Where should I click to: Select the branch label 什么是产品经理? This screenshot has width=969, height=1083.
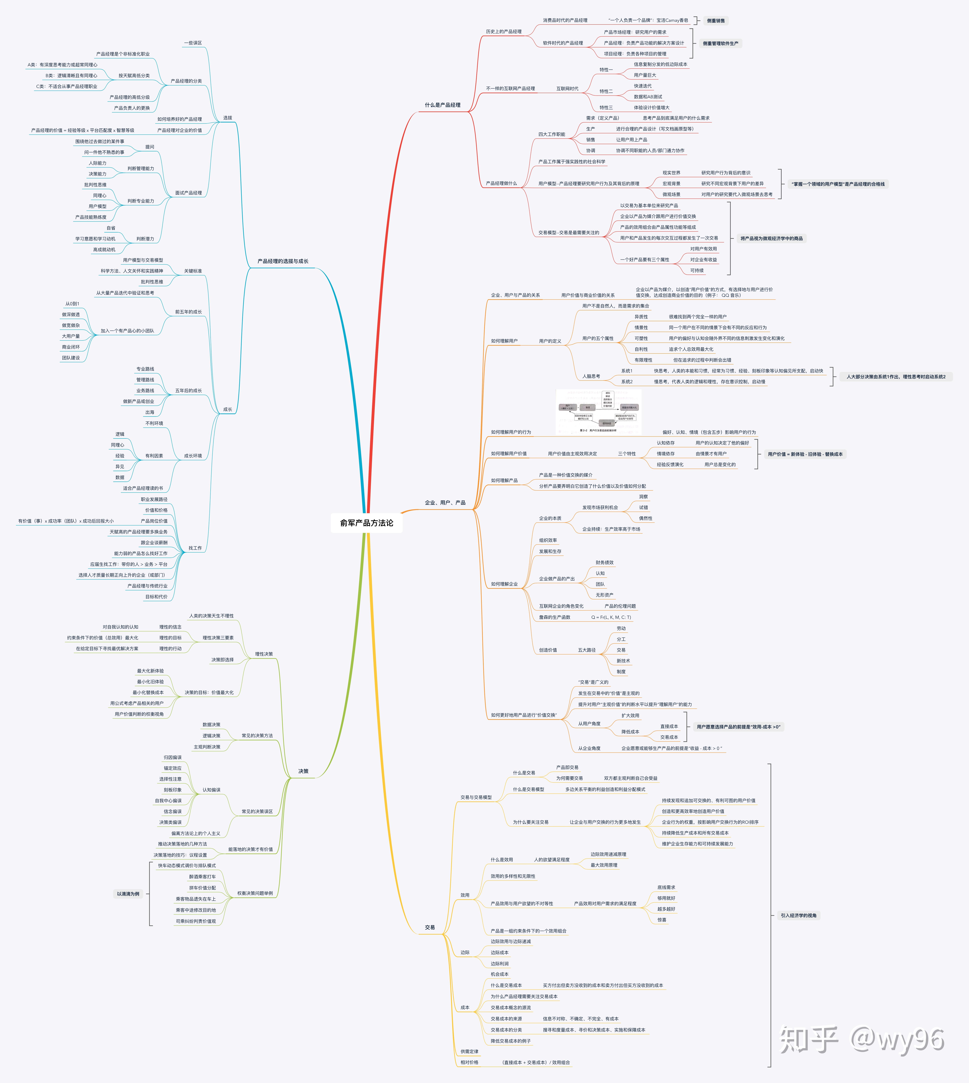coord(443,105)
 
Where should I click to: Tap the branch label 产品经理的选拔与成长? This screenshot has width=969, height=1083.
coord(283,261)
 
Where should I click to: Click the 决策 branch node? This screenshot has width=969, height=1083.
coord(303,771)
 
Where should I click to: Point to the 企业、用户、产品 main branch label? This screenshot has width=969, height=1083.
coord(445,503)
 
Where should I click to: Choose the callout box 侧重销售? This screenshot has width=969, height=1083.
coord(716,21)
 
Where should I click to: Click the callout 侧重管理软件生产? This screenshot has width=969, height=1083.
coord(720,43)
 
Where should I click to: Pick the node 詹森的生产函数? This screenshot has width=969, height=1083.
coord(554,617)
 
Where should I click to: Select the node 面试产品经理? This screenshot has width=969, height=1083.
coord(188,193)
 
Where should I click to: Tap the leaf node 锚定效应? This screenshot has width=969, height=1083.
coord(173,768)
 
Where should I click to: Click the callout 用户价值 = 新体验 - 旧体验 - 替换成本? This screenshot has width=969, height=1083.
coord(805,454)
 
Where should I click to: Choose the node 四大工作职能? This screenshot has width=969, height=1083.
coord(552,134)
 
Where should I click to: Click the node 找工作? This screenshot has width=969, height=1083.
coord(195,548)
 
